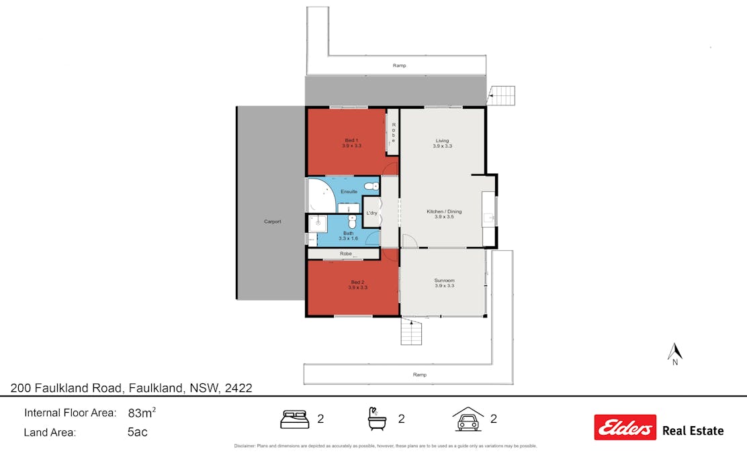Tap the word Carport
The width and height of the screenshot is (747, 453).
pyautogui.click(x=272, y=221)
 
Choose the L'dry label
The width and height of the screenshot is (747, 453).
pyautogui.click(x=371, y=213)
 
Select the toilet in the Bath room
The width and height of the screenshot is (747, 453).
pyautogui.click(x=352, y=221)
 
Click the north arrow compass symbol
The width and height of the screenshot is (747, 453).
pyautogui.click(x=675, y=352)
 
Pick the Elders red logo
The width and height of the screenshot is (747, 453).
pyautogui.click(x=625, y=427)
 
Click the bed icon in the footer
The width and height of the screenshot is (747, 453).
pyautogui.click(x=294, y=419)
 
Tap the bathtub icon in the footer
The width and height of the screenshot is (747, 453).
pyautogui.click(x=377, y=419)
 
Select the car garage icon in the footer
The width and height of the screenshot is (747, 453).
pyautogui.click(x=468, y=418)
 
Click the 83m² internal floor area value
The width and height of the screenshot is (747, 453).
pyautogui.click(x=142, y=412)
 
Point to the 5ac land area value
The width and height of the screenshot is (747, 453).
pyautogui.click(x=137, y=432)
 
